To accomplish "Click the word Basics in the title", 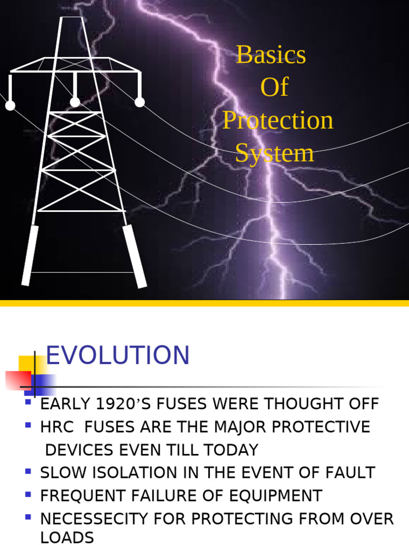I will [x=271, y=54].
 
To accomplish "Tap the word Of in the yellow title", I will [x=274, y=87].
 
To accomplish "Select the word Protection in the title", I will [x=277, y=120].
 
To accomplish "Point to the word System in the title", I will [x=275, y=153].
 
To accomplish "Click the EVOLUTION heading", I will [x=118, y=356].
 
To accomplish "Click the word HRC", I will [x=55, y=427].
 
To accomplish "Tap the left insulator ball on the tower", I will [x=10, y=105].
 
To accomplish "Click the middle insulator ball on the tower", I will [x=75, y=102].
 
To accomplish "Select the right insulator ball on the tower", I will [x=140, y=102].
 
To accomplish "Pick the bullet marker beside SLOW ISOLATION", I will [x=28, y=471].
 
